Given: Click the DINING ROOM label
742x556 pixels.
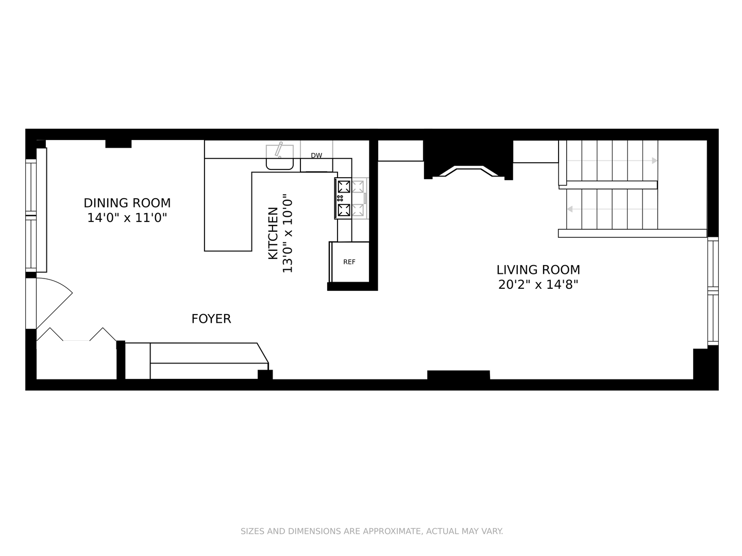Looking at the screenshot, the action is pyautogui.click(x=127, y=203).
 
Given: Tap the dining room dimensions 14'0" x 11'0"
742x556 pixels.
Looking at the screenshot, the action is pyautogui.click(x=127, y=218).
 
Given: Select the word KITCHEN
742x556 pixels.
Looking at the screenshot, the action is pyautogui.click(x=273, y=233).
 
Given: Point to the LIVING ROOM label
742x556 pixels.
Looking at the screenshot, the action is pyautogui.click(x=538, y=270).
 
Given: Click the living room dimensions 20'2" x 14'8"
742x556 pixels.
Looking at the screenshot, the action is pyautogui.click(x=538, y=285).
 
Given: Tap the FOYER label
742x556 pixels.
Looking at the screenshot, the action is pyautogui.click(x=211, y=319).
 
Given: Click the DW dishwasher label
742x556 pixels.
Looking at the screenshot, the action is pyautogui.click(x=316, y=155).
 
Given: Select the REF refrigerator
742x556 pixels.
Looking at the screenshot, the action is pyautogui.click(x=349, y=262).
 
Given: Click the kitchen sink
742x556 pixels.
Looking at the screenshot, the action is pyautogui.click(x=280, y=158).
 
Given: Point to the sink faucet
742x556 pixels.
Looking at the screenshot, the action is pyautogui.click(x=279, y=149).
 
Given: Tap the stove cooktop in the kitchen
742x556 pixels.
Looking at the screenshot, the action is pyautogui.click(x=344, y=198).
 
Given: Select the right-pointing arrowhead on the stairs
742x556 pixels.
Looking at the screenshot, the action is pyautogui.click(x=654, y=161).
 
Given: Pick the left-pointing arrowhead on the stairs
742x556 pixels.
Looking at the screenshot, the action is pyautogui.click(x=569, y=210).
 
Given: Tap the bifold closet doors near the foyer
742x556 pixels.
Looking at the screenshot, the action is pyautogui.click(x=76, y=335).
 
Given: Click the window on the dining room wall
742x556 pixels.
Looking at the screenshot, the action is pyautogui.click(x=31, y=215).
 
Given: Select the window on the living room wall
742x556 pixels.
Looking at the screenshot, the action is pyautogui.click(x=713, y=291).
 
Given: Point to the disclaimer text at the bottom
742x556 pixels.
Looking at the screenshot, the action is pyautogui.click(x=372, y=531).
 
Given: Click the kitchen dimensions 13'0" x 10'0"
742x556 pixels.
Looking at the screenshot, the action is pyautogui.click(x=287, y=233).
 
